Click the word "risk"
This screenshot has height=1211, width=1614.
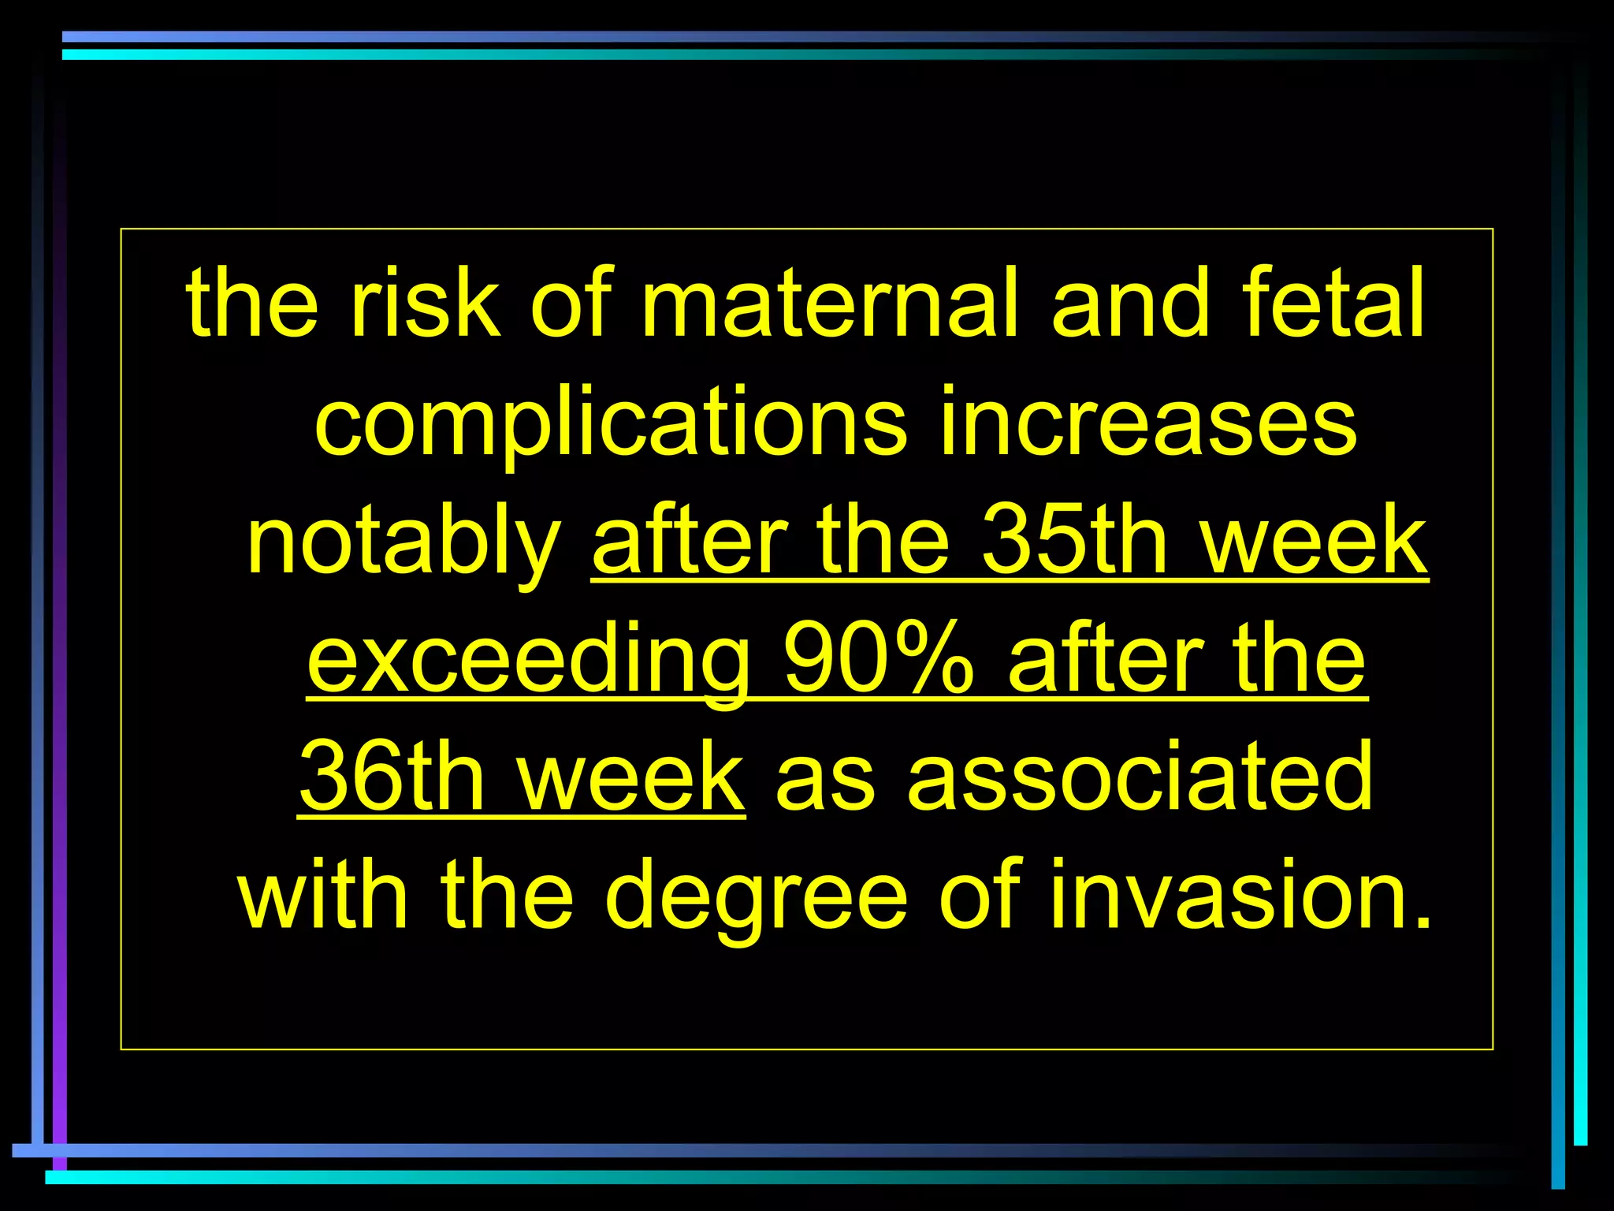[x=425, y=303]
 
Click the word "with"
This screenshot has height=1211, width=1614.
[x=323, y=896]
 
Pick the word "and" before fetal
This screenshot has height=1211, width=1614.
[x=1130, y=303]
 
